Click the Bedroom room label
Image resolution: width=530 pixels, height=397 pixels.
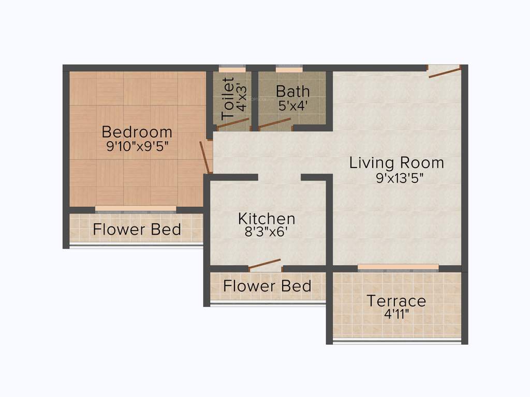[x=137, y=132]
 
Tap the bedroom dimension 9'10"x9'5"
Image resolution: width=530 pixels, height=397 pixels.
[x=137, y=146]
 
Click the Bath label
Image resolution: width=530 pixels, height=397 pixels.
[x=292, y=91]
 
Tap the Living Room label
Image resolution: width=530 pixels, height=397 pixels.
[x=396, y=163]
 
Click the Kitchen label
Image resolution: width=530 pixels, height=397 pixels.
[x=267, y=218]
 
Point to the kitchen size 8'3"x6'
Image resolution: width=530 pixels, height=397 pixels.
[x=267, y=232]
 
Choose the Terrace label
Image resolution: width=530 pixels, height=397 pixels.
[x=396, y=301]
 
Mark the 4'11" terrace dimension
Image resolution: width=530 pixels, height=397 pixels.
[x=396, y=315]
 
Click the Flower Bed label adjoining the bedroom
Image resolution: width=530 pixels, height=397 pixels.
[x=137, y=229]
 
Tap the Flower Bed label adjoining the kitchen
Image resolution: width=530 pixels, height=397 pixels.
[x=267, y=285]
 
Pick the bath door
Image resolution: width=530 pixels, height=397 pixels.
[x=274, y=123]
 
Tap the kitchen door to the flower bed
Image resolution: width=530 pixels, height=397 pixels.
[x=264, y=265]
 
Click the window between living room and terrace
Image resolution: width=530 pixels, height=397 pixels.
[x=398, y=267]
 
